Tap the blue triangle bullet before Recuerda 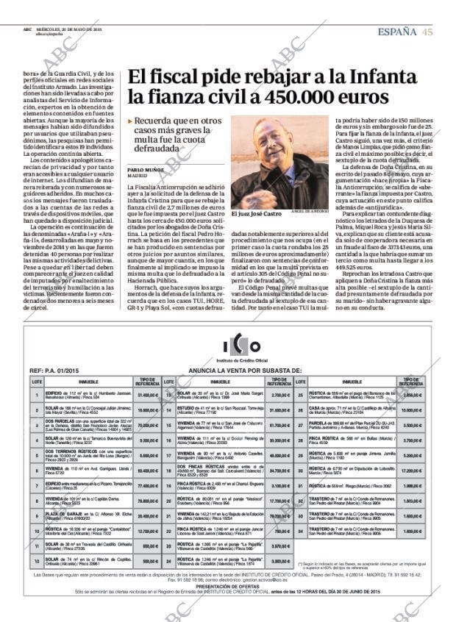pyautogui.click(x=130, y=121)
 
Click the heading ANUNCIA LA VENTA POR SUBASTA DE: pyautogui.click(x=245, y=371)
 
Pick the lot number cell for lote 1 pyautogui.click(x=36, y=395)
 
